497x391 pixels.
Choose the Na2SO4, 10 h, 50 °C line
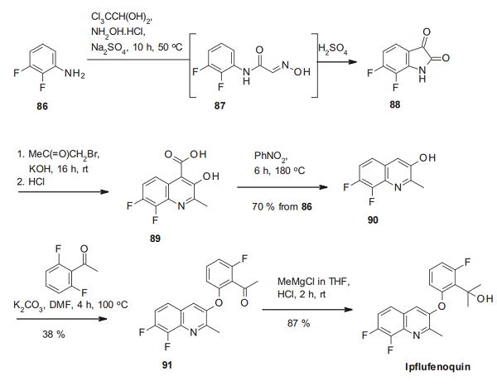pyautogui.click(x=129, y=49)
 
